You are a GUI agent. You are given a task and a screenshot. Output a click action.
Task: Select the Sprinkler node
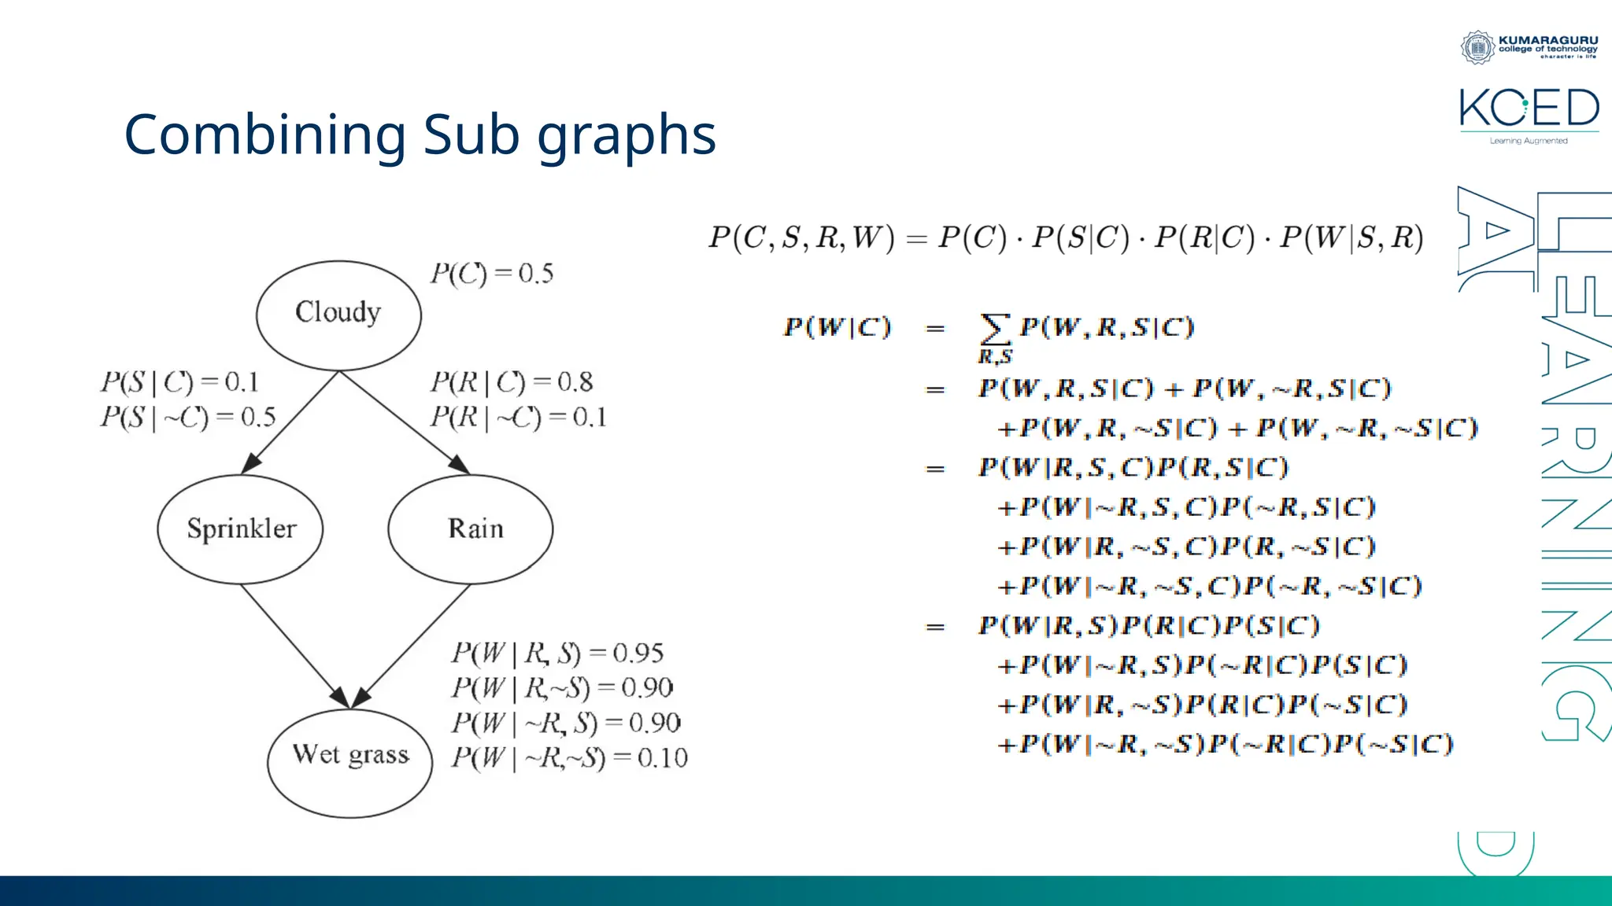(x=241, y=528)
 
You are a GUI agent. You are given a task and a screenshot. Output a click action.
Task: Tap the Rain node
(x=471, y=528)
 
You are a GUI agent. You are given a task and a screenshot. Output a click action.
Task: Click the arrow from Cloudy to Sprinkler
(x=291, y=422)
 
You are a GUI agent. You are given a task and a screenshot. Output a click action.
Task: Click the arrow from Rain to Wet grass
(x=413, y=645)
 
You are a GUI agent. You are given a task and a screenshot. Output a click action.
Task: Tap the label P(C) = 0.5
(x=492, y=274)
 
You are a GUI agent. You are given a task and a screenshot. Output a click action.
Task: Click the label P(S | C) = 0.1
(x=179, y=382)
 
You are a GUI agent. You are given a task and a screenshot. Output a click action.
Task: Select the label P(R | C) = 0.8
(x=512, y=382)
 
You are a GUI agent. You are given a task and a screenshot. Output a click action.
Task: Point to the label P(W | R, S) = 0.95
(x=557, y=653)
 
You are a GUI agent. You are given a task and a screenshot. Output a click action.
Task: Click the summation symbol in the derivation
(x=994, y=329)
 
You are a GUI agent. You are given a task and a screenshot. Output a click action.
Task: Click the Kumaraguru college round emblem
(x=1477, y=47)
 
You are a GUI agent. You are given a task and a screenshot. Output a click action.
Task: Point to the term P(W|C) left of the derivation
(x=837, y=327)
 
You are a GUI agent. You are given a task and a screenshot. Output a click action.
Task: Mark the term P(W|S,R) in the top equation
(x=1351, y=238)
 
